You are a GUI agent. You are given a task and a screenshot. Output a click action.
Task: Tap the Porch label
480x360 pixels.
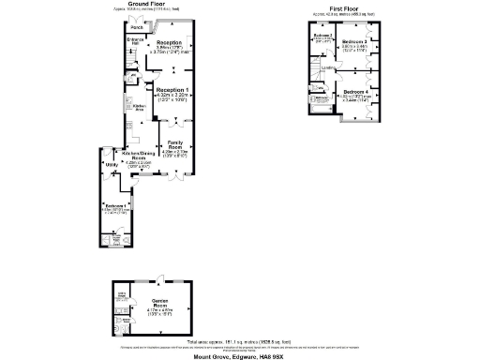[137, 27]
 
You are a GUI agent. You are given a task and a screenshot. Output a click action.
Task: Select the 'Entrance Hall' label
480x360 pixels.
[134, 41]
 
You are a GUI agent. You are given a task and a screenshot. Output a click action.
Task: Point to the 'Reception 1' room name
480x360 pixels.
[172, 90]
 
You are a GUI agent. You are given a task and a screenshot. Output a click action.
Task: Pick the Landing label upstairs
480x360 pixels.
[328, 67]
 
